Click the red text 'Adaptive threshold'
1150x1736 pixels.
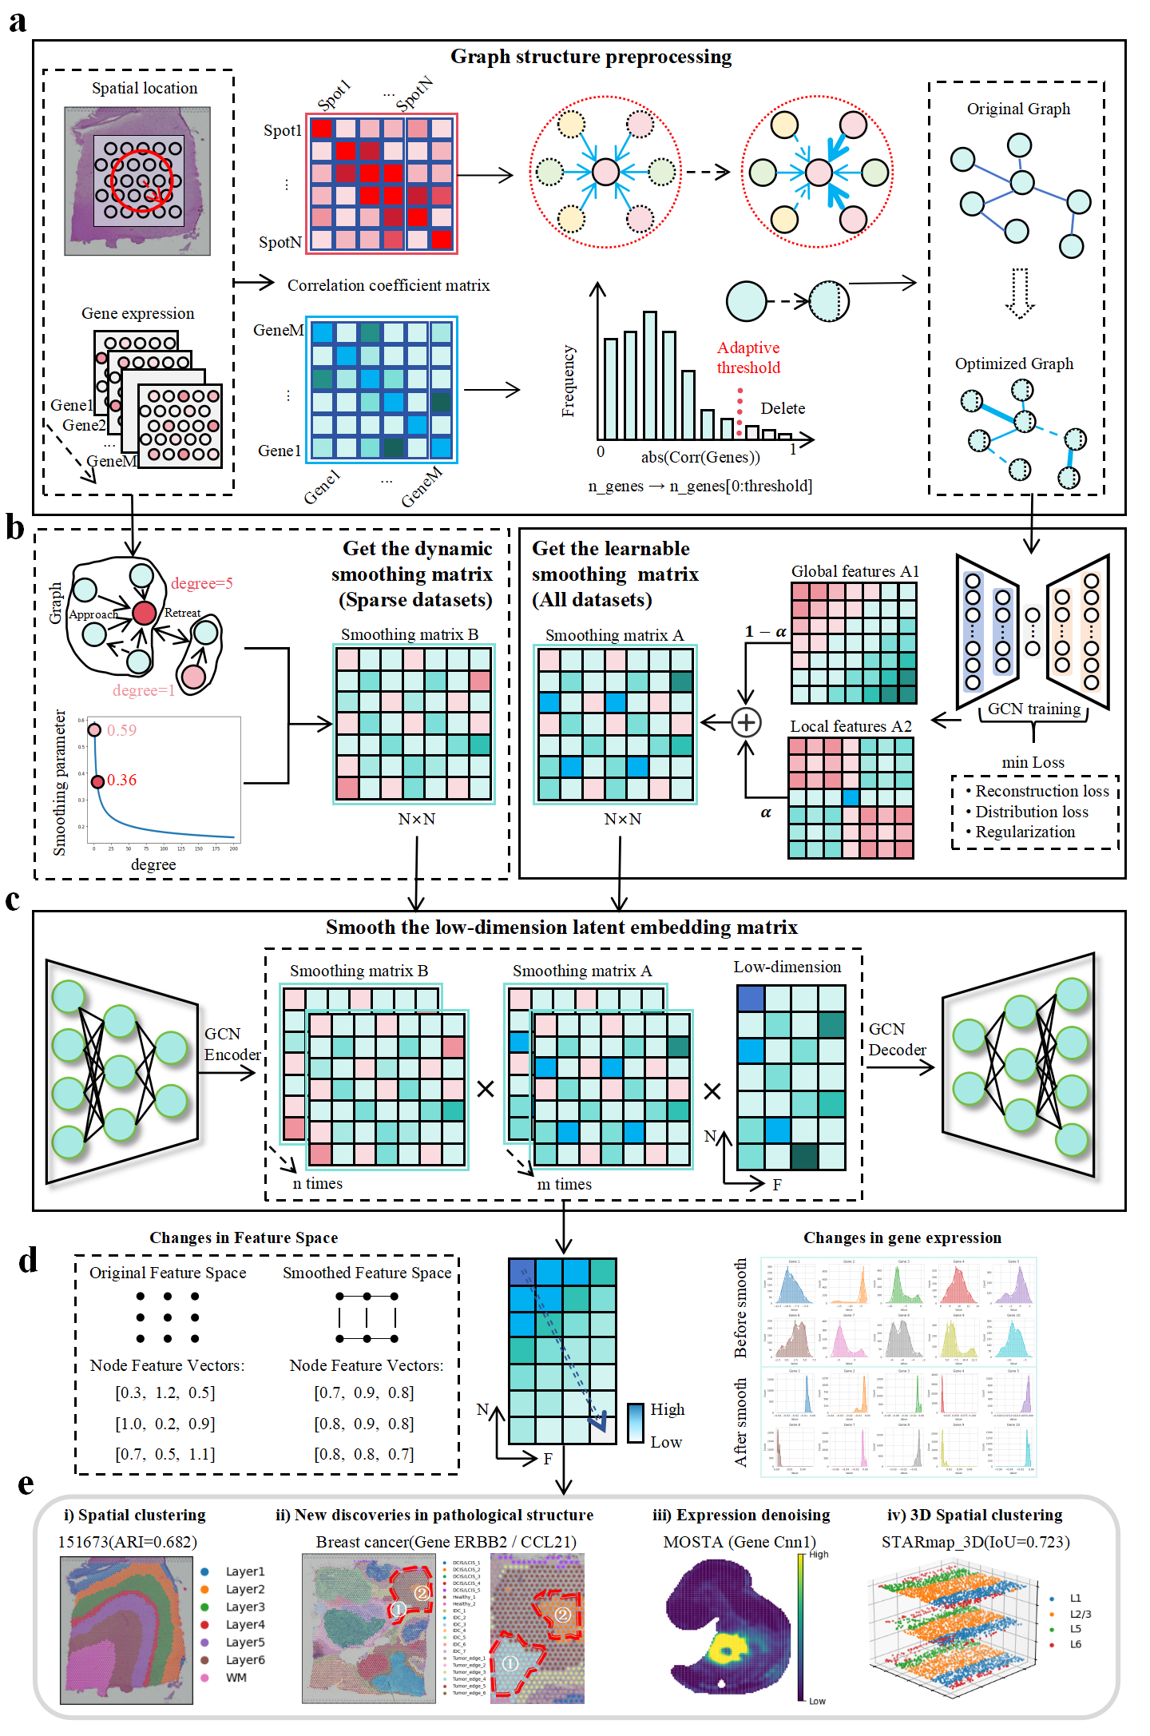747,357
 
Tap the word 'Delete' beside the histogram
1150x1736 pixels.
782,408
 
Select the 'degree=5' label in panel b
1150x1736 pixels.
201,583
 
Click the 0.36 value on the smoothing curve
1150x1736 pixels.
121,780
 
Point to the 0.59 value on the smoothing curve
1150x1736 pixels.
121,730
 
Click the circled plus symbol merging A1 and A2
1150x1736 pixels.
746,722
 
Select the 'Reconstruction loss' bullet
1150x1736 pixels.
1041,791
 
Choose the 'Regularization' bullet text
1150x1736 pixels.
1025,832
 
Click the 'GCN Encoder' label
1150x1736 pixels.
231,1044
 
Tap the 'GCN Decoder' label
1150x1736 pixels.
896,1039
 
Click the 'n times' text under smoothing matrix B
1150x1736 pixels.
317,1183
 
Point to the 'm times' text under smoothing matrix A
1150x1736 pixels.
564,1184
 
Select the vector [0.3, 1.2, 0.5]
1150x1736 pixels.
165,1392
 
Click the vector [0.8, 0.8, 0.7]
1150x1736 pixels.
364,1454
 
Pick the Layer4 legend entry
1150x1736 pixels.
244,1624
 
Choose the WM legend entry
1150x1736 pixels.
236,1677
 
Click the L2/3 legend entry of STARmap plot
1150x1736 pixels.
1080,1614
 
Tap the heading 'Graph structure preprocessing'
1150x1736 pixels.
591,57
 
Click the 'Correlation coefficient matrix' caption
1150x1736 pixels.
388,285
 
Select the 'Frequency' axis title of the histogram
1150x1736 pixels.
569,381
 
